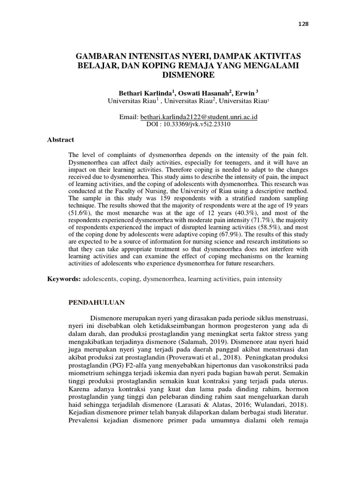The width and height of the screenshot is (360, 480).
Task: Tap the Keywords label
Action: point(64,279)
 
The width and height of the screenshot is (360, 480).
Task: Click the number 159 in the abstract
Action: point(152,197)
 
